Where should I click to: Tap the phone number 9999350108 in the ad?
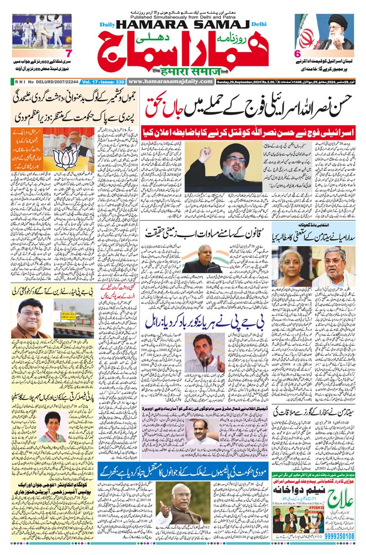point(340,536)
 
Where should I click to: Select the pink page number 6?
point(298,54)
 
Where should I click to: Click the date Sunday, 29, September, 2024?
point(247,82)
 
